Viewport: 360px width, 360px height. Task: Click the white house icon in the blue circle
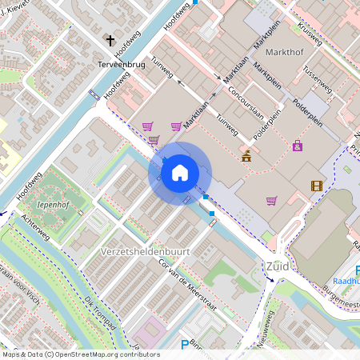[x=179, y=172]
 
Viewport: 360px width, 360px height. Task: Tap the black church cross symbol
[x=110, y=41]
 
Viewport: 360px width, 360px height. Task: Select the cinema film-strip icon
[x=317, y=186]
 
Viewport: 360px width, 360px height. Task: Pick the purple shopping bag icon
[x=298, y=146]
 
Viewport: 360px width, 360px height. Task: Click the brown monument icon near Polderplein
[x=246, y=156]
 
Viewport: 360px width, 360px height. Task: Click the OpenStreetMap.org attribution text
[x=96, y=354]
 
